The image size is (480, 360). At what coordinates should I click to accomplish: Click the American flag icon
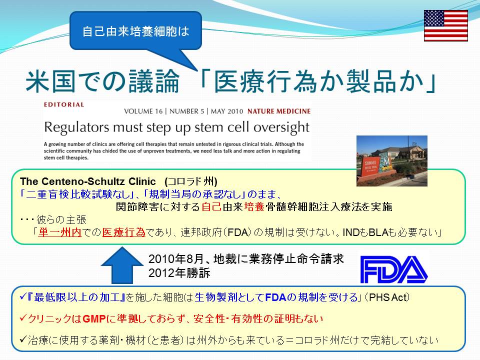click(445, 25)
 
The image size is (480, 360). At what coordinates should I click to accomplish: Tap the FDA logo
click(394, 269)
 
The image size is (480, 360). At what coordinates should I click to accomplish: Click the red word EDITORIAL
click(64, 104)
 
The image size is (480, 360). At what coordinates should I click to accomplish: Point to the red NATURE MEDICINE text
click(279, 111)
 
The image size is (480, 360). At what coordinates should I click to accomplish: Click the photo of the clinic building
click(392, 160)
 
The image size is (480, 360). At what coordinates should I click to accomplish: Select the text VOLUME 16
click(143, 111)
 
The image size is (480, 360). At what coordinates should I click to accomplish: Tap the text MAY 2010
click(227, 111)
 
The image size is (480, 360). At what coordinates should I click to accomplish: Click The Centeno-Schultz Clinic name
click(88, 181)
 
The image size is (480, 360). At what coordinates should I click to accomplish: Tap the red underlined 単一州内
click(59, 232)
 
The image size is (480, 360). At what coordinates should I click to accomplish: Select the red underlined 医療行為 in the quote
click(123, 232)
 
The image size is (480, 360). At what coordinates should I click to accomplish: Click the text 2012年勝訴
click(179, 273)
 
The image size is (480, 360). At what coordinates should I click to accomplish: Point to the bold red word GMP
click(94, 319)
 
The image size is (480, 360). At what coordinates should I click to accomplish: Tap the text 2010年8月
click(176, 259)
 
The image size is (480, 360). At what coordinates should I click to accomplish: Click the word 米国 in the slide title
click(50, 81)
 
